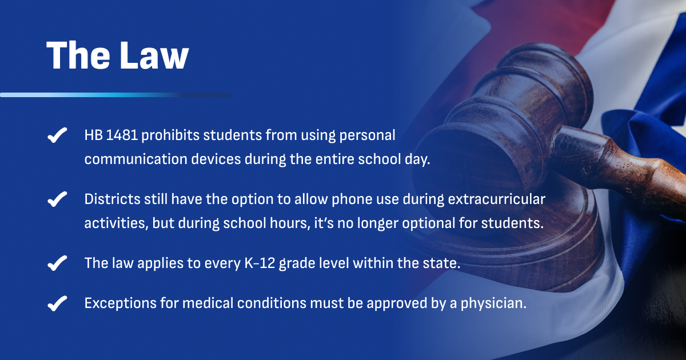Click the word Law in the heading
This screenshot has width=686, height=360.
tap(154, 55)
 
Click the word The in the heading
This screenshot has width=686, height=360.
tap(78, 55)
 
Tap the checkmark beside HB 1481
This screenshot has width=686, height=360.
tap(57, 135)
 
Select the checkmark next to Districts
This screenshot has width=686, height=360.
tap(57, 199)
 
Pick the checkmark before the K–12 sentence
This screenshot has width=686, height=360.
tap(57, 263)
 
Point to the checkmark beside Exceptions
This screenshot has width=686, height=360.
tap(57, 303)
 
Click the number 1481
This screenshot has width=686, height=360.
tap(122, 135)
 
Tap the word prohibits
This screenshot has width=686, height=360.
tap(170, 135)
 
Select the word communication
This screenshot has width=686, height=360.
tap(136, 159)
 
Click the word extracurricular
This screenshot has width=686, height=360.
tap(497, 199)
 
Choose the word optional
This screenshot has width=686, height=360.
tap(429, 223)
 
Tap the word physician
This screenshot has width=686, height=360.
tap(493, 303)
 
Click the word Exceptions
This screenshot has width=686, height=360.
tap(121, 303)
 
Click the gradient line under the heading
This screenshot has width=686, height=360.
tap(115, 95)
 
